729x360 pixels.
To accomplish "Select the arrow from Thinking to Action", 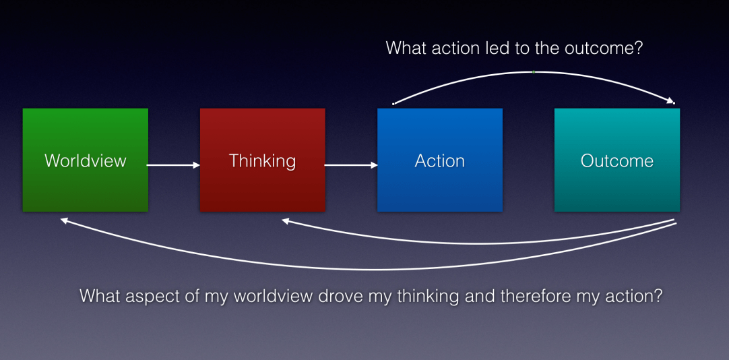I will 351,164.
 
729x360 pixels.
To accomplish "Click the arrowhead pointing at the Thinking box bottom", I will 285,220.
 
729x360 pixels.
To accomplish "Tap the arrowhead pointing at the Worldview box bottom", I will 64,220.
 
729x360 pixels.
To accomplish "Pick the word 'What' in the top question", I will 406,49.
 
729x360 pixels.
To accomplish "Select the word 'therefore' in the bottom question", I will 530,296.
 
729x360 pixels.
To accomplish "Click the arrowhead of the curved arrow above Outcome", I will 670,102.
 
